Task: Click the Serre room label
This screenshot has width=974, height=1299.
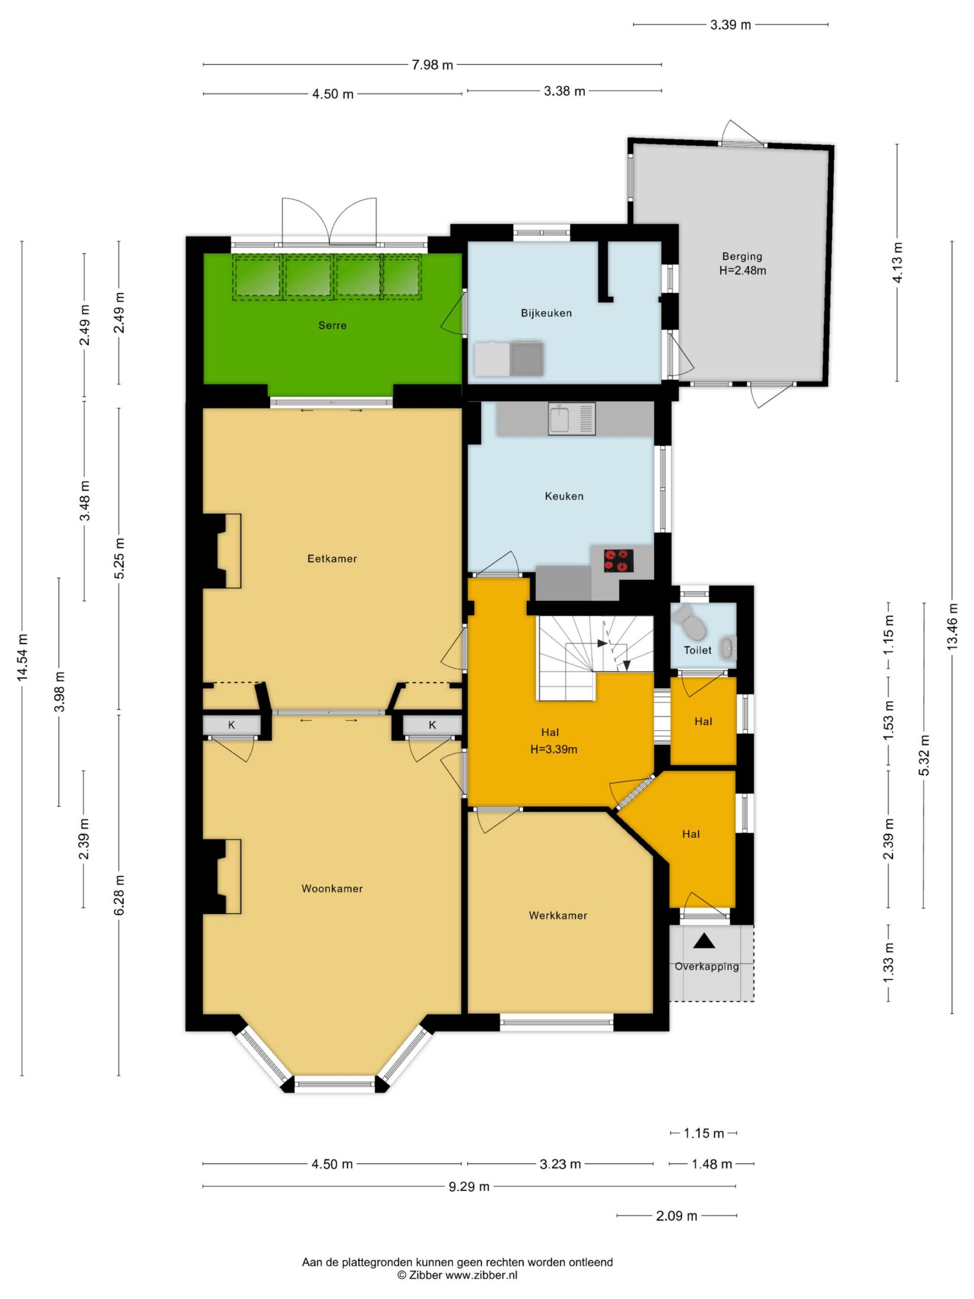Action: [332, 325]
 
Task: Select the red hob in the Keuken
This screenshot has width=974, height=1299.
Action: [619, 560]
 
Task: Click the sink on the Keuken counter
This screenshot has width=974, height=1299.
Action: [572, 418]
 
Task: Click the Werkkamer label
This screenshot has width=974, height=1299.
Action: [558, 915]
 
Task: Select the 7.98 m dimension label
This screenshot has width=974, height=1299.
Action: [433, 65]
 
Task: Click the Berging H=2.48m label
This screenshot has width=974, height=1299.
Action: [743, 264]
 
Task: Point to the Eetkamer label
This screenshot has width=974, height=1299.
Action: [332, 559]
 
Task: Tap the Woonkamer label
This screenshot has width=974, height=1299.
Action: [332, 888]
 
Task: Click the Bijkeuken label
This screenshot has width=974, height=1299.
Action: [546, 313]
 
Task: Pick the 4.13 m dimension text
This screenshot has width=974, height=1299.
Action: [897, 263]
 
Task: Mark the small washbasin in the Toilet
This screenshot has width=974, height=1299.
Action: [728, 648]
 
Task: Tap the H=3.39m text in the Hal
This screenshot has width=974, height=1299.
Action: [553, 749]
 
